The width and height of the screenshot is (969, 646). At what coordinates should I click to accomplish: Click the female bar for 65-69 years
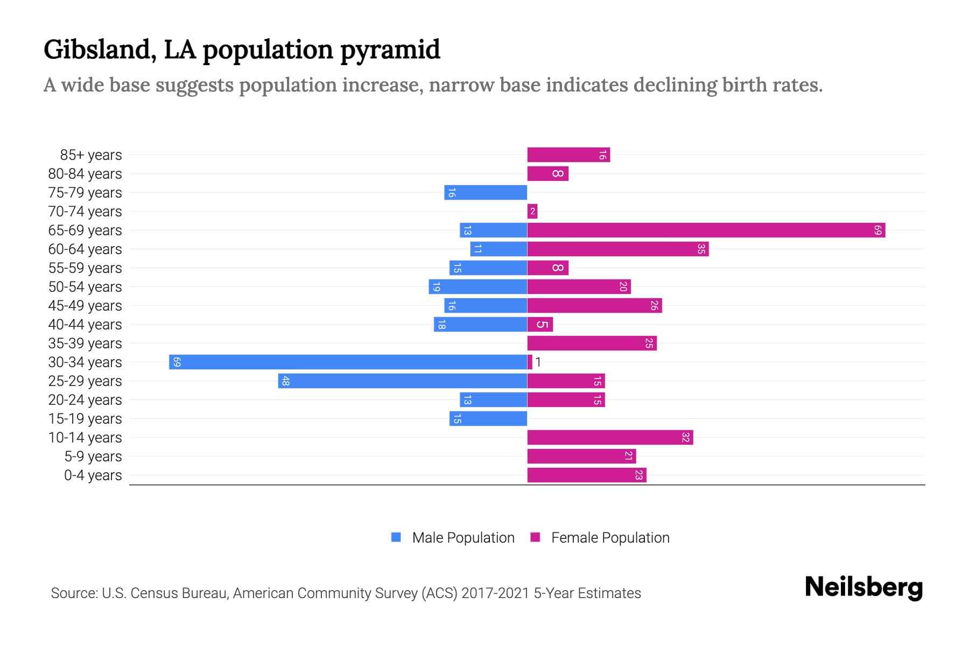point(706,230)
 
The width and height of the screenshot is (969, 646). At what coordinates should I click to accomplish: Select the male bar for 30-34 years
point(348,362)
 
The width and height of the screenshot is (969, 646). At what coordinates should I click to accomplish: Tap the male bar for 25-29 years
point(402,381)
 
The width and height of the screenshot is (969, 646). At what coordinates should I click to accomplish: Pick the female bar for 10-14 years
point(610,438)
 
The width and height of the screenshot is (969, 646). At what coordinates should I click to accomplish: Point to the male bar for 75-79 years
point(485,193)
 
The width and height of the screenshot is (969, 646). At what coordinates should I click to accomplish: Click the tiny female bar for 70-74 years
point(532,212)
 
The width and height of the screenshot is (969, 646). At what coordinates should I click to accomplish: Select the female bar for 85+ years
point(568,155)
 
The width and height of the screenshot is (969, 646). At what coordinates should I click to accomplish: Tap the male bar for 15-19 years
point(488,419)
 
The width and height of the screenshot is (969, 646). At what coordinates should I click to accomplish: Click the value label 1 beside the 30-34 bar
point(538,362)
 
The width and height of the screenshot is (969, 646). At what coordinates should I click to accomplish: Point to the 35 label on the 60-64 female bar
point(701,249)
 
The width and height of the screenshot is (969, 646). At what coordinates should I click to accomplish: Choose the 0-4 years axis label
point(93,475)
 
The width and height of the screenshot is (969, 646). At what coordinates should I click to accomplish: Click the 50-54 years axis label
point(85,287)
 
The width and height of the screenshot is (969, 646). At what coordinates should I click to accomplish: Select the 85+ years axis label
point(91,155)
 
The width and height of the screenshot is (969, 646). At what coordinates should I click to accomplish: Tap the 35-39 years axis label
point(85,343)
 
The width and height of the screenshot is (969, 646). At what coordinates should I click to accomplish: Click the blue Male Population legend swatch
point(396,537)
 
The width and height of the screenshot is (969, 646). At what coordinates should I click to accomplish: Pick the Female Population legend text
point(610,538)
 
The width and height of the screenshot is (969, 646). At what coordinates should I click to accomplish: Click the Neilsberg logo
point(863,587)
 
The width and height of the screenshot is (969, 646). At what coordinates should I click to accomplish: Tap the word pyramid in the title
point(390,50)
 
